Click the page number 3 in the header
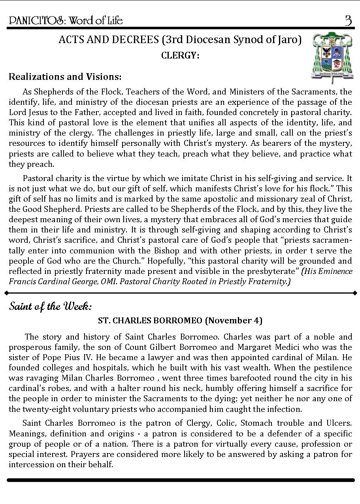click(348, 20)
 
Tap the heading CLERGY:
click(180, 56)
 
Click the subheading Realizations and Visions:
click(65, 76)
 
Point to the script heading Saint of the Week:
click(50, 306)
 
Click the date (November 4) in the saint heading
click(234, 320)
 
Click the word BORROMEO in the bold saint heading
click(182, 320)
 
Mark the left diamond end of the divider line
click(6, 293)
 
